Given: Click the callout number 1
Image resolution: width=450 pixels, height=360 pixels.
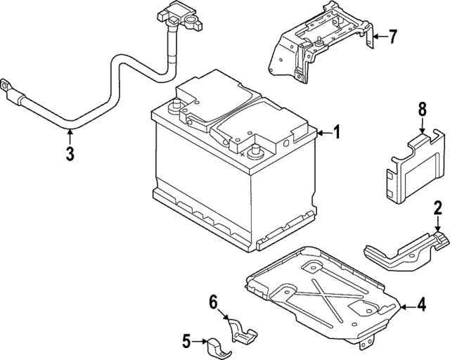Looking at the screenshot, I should tap(337, 132).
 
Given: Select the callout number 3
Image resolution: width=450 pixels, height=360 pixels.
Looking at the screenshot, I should tap(70, 155).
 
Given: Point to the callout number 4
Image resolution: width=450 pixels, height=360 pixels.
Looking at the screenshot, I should tap(421, 305).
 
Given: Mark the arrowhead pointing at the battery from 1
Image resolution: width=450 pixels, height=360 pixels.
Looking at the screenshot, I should tap(318, 132).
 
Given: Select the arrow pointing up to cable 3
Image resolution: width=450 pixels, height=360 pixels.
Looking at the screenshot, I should tap(70, 135).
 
